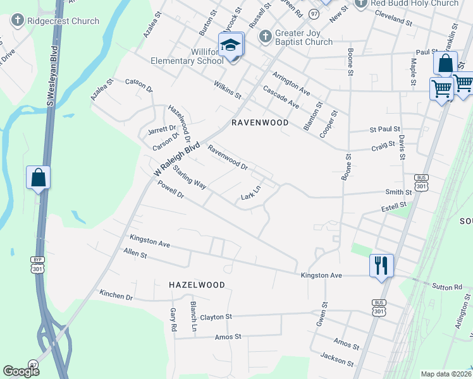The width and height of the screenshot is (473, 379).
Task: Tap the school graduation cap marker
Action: coord(231,45)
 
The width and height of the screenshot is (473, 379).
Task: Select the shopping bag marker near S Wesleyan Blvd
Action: coord(38,178)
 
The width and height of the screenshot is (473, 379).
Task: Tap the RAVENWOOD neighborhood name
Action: coord(260,123)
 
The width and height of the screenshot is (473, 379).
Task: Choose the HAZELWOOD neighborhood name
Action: coord(197,285)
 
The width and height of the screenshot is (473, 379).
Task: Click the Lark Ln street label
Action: coord(251,194)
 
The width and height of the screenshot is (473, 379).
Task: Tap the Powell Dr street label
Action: coord(171,190)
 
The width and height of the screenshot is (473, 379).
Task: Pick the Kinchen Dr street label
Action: coord(116,295)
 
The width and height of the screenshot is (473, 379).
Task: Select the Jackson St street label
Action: coord(337,359)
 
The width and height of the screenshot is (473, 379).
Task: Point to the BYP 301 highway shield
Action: coord(37,265)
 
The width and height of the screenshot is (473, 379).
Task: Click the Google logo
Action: coord(21,371)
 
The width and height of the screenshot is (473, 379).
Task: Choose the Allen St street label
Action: coord(135,254)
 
